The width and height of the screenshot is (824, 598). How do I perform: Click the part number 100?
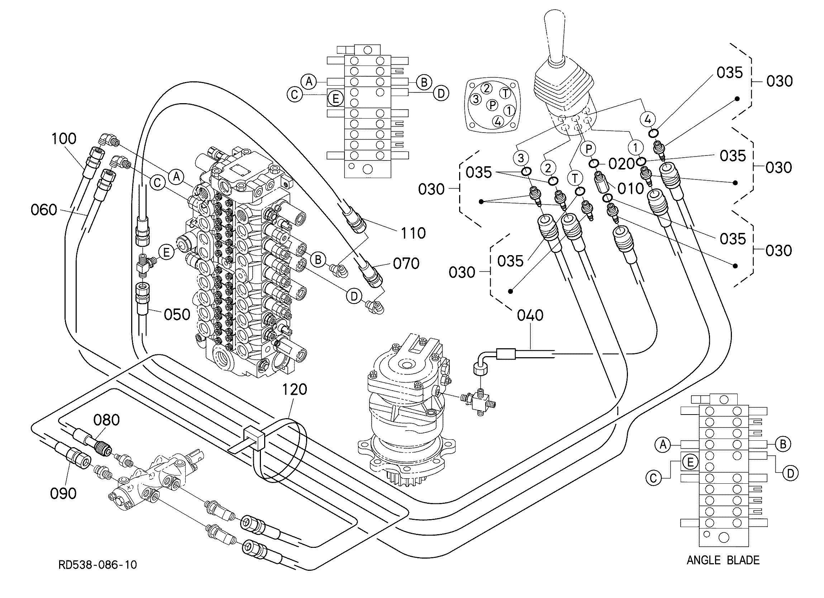tap(64, 139)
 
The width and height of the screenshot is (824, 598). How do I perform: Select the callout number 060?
tap(44, 210)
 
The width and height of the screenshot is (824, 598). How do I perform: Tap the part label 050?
tap(177, 315)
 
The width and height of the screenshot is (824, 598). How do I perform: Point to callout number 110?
tap(413, 233)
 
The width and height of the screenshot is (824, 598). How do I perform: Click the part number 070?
tap(406, 264)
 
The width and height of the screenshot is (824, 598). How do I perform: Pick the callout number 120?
tap(295, 389)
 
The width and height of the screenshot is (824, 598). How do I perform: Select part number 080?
tap(106, 420)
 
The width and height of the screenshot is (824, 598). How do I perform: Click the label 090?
tap(63, 493)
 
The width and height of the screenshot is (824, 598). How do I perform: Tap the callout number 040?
tap(530, 315)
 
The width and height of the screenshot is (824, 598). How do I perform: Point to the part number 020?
tap(621, 164)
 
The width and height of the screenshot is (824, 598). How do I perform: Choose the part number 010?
tap(631, 188)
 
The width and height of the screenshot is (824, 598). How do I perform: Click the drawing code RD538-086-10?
tap(98, 565)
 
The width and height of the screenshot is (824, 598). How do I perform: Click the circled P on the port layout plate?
tap(492, 105)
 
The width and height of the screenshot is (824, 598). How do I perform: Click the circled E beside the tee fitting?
tap(167, 252)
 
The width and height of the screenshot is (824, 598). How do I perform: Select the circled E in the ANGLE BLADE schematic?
tap(690, 463)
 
